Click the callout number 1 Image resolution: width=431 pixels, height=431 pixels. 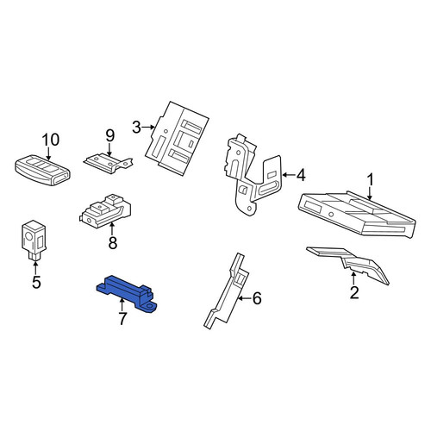pos(371,180)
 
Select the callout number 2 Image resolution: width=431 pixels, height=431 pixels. pos(354,292)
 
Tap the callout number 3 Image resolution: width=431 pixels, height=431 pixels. pos(137,128)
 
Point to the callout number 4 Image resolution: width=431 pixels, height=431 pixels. pos(301,175)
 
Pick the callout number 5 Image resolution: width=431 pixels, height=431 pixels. pos(36,282)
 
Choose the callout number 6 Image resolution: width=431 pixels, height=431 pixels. pos(257,298)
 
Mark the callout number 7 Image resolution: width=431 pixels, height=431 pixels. pos(122,318)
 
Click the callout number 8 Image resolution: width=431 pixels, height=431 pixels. pos(113,242)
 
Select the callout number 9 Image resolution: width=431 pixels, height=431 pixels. pos(109,135)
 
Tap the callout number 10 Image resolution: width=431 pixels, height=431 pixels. pos(51,140)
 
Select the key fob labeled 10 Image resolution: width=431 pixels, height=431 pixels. pos(42,170)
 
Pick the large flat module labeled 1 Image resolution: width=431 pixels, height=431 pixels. pos(357,215)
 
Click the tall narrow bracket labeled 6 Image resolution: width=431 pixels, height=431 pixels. pos(226,290)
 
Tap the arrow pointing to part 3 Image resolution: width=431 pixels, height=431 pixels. pos(148,127)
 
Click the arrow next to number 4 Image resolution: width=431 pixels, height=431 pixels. pos(289,174)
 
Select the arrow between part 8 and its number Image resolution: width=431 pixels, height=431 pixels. pos(112,229)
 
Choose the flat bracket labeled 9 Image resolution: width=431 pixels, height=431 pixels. pos(109,164)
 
